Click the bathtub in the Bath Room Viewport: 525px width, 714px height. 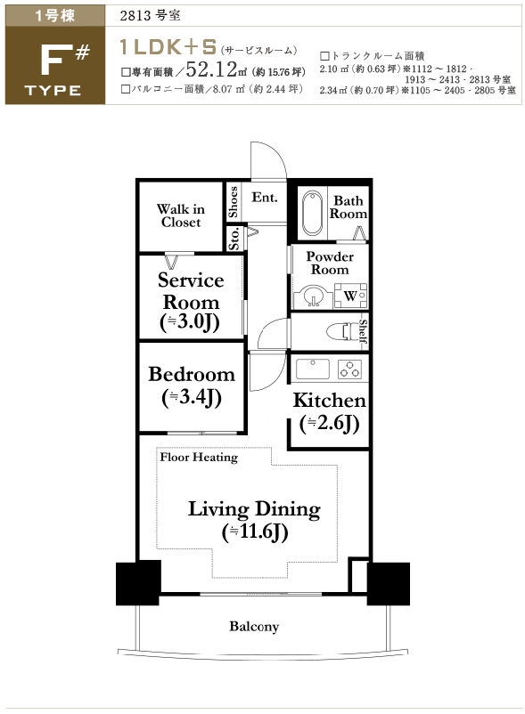[x=312, y=213]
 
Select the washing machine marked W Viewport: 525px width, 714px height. [x=350, y=296]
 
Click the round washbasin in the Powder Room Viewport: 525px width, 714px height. [x=313, y=296]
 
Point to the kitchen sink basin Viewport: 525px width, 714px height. [x=313, y=369]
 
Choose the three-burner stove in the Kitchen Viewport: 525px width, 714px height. [x=350, y=369]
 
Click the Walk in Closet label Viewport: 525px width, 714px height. [x=181, y=215]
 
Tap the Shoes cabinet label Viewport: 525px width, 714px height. [x=233, y=202]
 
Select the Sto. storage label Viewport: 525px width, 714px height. [x=234, y=239]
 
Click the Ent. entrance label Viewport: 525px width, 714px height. [x=265, y=197]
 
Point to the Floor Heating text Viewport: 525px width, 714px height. [x=199, y=458]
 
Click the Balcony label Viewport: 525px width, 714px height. [x=254, y=627]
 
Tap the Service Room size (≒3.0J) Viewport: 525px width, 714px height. [x=190, y=322]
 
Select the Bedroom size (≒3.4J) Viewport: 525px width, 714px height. [x=192, y=397]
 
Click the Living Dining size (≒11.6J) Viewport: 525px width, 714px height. [x=255, y=531]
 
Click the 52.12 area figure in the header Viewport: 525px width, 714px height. [x=211, y=69]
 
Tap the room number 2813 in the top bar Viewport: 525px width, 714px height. [x=135, y=15]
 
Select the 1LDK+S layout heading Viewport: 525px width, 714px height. [x=168, y=47]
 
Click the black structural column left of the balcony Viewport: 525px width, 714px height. [x=138, y=583]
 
